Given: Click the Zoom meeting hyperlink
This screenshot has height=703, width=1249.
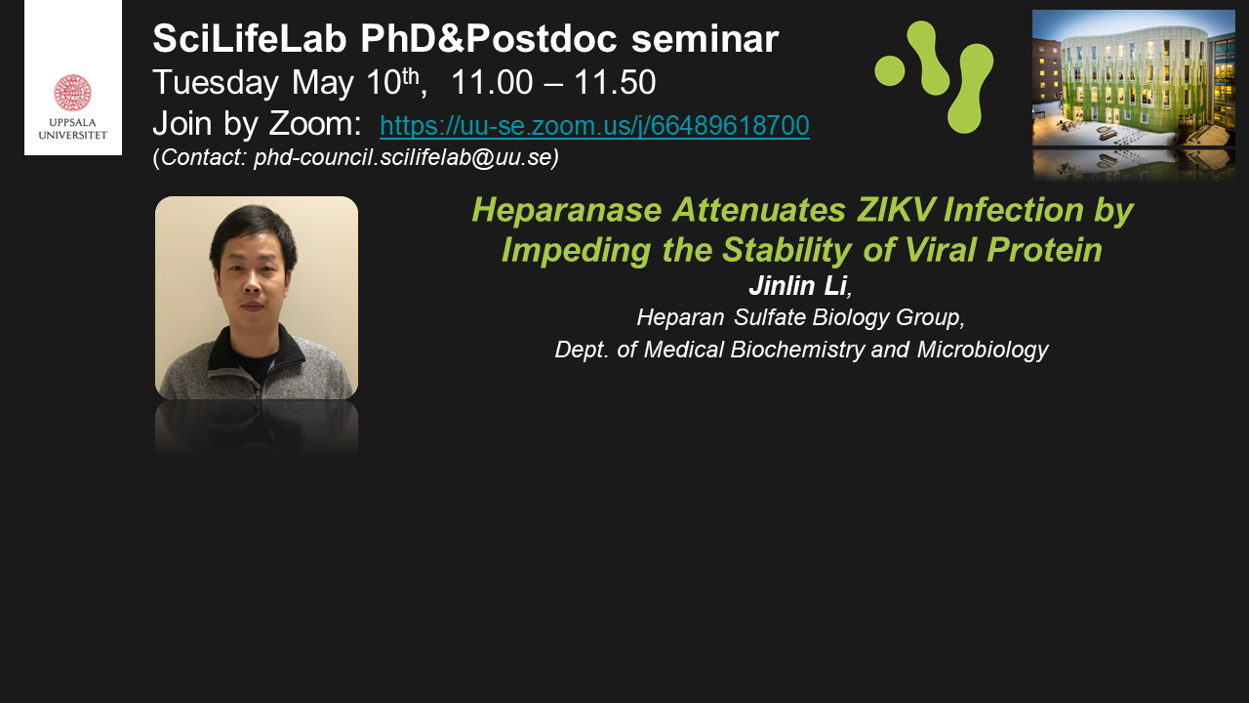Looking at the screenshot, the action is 594,126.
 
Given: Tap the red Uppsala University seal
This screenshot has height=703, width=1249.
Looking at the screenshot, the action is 72,93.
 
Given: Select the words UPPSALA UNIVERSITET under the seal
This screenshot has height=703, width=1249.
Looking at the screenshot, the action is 72,128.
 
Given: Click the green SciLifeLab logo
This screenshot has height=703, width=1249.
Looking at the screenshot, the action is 935,77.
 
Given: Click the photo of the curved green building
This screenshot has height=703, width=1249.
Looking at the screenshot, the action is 1134,78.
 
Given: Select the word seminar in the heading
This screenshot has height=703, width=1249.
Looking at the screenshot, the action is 705,39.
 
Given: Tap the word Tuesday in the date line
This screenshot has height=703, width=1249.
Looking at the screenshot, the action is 216,83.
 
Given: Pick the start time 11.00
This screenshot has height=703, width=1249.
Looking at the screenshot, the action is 492,83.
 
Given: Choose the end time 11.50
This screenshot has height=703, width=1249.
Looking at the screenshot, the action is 615,83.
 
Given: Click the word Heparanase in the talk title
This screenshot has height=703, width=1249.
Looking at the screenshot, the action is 567,210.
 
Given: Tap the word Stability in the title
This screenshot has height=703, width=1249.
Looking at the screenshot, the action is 786,250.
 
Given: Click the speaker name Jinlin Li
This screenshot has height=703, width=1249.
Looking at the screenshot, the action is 798,286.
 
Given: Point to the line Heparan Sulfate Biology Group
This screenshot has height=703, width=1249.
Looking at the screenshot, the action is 801,317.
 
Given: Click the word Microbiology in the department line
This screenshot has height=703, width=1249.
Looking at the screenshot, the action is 983,350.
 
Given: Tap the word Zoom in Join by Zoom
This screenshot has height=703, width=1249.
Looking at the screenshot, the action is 315,123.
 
